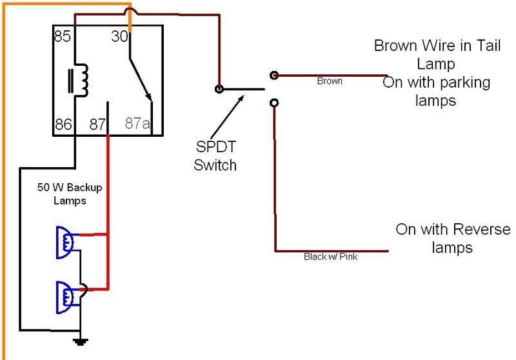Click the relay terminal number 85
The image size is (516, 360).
63,36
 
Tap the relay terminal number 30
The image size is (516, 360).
119,36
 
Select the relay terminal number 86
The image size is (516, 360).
63,124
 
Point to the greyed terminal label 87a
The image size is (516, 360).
137,123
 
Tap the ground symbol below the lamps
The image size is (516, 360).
80,342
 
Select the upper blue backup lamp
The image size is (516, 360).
65,243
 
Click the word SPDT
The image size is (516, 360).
216,146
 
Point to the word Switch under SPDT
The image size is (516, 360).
215,165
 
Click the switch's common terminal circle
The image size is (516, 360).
219,89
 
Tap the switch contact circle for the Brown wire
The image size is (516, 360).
274,75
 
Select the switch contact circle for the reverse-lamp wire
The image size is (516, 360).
274,103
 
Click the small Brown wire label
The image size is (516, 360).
330,81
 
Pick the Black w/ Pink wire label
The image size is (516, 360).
330,257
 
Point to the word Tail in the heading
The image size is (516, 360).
488,45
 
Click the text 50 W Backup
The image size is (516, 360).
70,187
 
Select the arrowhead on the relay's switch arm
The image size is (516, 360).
149,97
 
